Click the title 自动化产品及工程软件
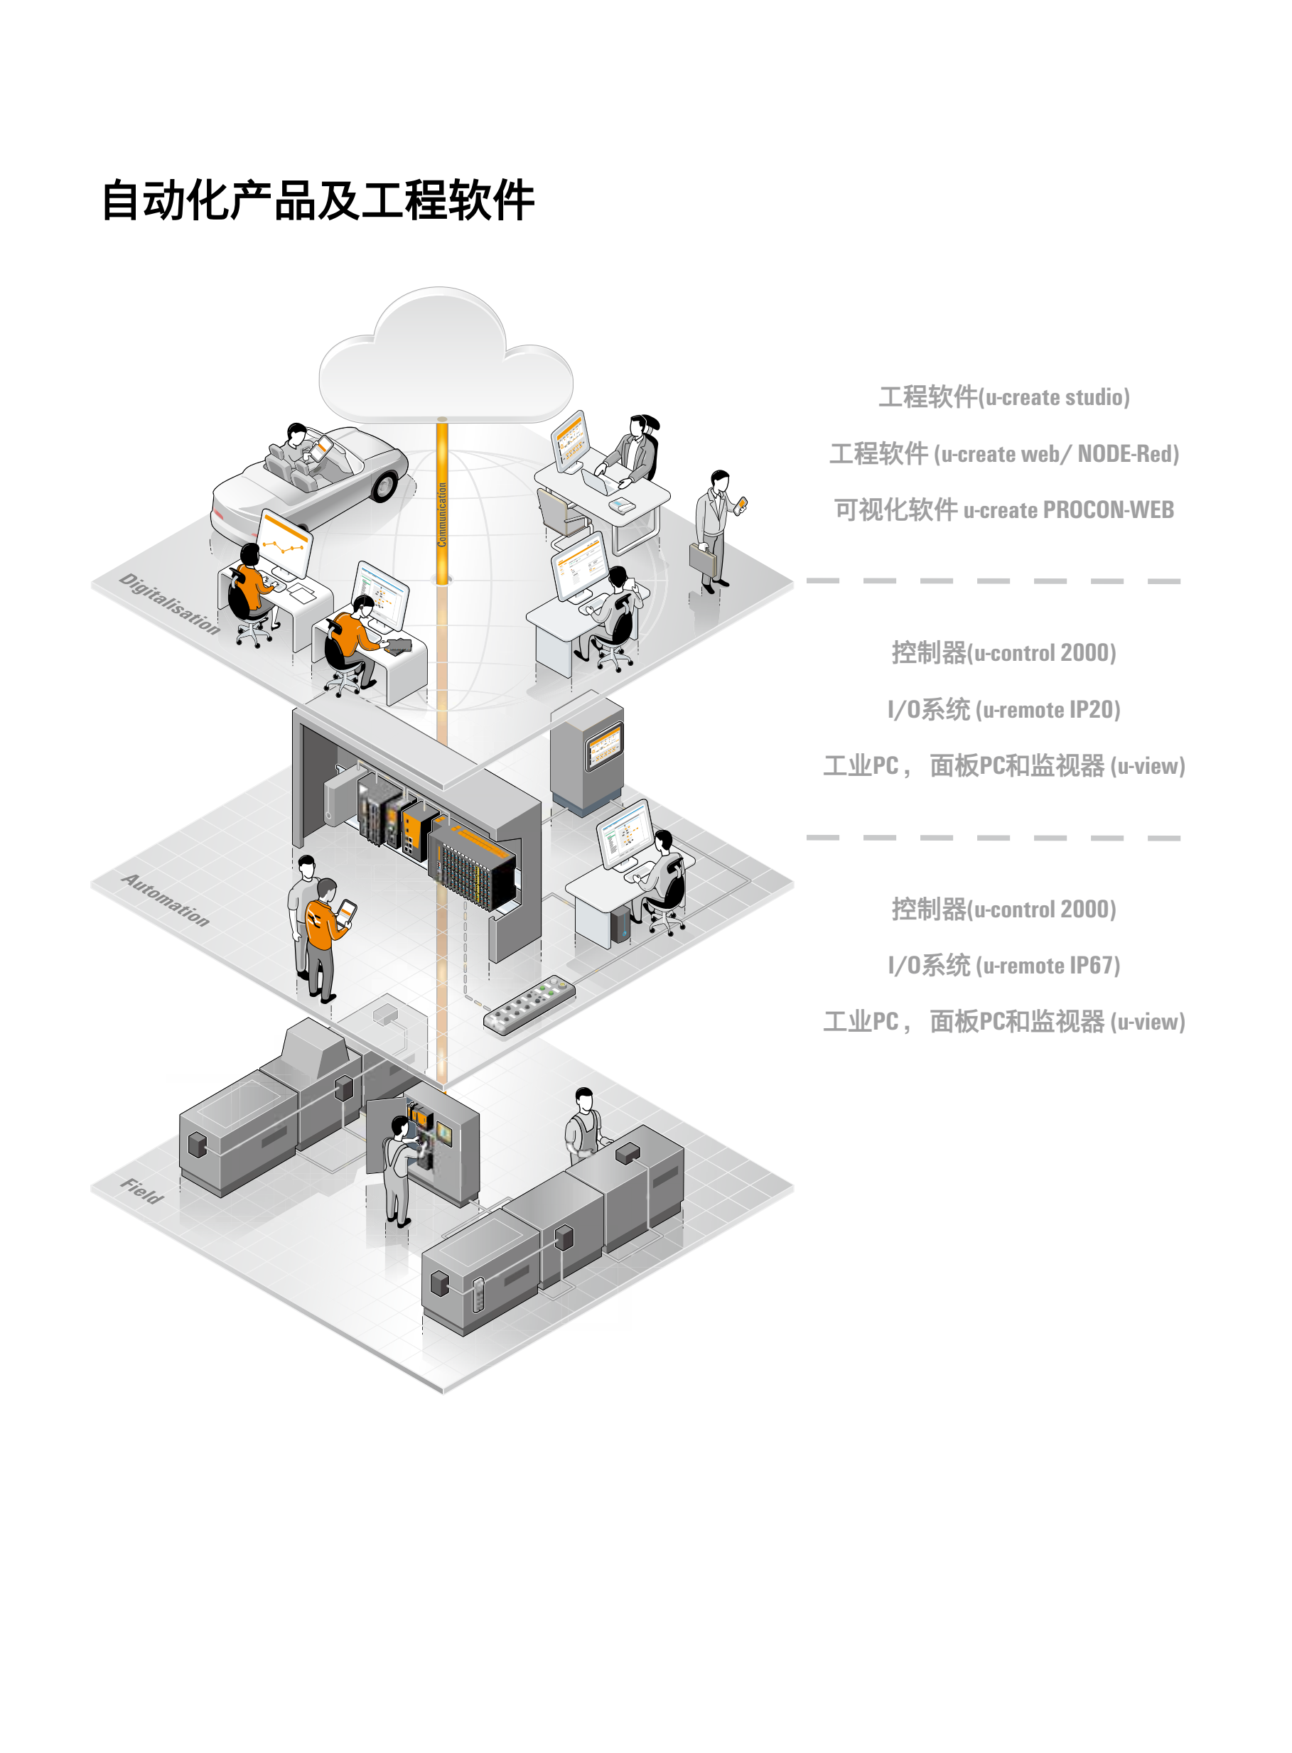click(x=318, y=201)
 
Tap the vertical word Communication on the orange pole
click(x=443, y=514)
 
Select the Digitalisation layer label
click(x=170, y=603)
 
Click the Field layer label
click(x=142, y=1190)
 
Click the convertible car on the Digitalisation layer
click(x=313, y=477)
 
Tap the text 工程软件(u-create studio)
click(x=1003, y=397)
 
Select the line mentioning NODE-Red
click(x=1003, y=453)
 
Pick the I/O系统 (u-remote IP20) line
click(x=1003, y=709)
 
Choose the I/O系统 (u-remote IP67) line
click(x=1003, y=965)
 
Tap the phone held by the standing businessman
click(x=741, y=504)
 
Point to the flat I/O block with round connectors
click(x=529, y=1004)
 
